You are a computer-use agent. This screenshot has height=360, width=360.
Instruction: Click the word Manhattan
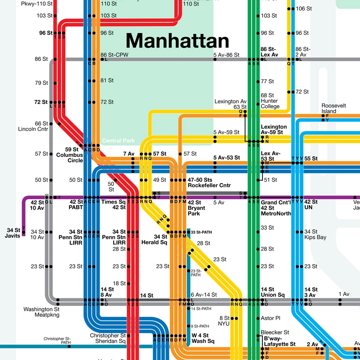[x=178, y=41]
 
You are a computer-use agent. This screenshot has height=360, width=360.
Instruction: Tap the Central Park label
[x=118, y=141]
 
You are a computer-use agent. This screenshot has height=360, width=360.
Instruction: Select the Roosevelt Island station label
[x=334, y=108]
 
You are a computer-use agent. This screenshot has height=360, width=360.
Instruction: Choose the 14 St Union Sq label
[x=273, y=292]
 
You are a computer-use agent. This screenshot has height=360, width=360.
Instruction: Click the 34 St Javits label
[x=14, y=233]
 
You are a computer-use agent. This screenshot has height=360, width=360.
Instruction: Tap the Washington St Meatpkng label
[x=41, y=312]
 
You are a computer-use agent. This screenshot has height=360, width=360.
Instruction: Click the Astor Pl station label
[x=270, y=318]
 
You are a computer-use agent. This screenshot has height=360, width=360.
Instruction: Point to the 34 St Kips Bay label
[x=315, y=234]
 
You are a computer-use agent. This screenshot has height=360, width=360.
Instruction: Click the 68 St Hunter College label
[x=270, y=101]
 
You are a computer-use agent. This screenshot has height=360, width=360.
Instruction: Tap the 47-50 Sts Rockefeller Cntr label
[x=209, y=182]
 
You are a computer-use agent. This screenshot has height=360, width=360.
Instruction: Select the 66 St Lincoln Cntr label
[x=33, y=126]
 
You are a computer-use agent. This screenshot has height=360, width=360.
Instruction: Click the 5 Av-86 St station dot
[x=215, y=60]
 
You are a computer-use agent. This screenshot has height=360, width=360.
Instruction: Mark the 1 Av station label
[x=344, y=294]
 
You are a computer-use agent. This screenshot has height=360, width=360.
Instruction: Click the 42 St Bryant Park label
[x=197, y=208]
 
